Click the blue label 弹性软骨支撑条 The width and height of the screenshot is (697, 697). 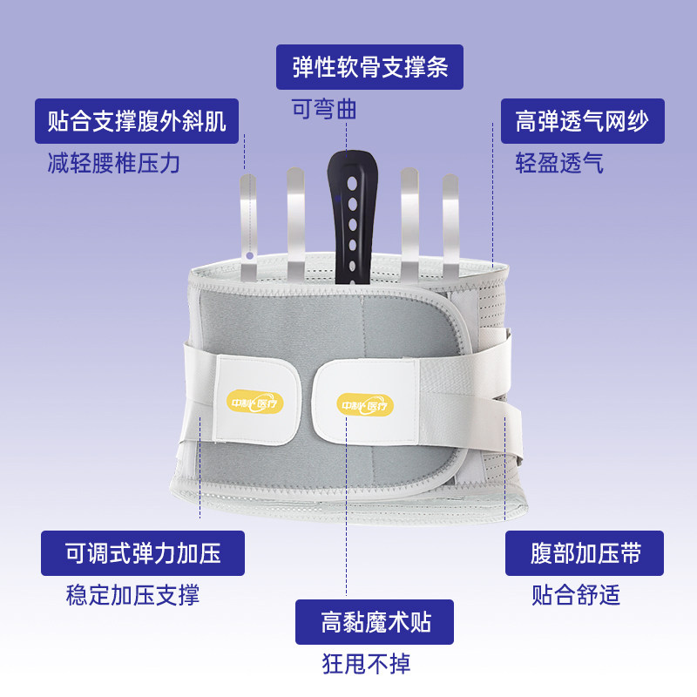pos(369,67)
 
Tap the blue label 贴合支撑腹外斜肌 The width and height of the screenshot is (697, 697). pos(137,121)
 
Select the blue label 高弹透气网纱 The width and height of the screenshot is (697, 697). pos(582,121)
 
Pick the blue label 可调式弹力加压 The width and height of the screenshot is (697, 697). pos(143,552)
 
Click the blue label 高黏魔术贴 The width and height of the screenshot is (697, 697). pos(375,622)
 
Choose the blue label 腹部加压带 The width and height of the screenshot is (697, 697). pos(585,552)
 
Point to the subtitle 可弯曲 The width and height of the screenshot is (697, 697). pos(324,110)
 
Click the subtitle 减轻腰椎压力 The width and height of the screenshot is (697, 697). pos(114,163)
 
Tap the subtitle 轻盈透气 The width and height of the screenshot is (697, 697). pos(559,163)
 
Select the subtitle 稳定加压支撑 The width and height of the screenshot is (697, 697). pos(132,595)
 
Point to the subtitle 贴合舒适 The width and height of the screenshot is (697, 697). pos(576,595)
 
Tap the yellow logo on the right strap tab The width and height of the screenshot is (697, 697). pos(366,403)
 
